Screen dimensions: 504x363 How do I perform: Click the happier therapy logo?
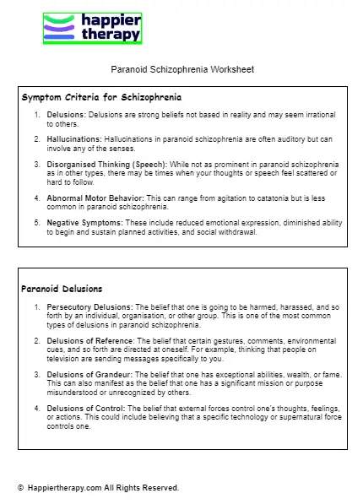(x=92, y=28)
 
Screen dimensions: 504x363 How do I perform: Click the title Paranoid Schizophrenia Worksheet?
(x=181, y=69)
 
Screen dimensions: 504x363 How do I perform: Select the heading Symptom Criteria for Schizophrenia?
(x=100, y=98)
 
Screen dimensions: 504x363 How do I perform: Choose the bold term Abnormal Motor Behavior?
(x=95, y=198)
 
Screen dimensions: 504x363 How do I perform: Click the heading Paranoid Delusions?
(x=62, y=289)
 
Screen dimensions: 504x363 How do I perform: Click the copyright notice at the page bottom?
(x=98, y=488)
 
